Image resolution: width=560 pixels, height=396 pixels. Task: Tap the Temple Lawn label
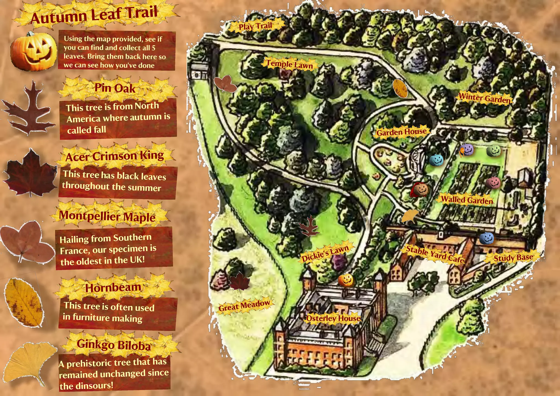[x=290, y=64]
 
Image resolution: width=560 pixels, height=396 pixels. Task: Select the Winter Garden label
[x=484, y=98]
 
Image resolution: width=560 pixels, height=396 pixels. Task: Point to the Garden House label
[x=401, y=132]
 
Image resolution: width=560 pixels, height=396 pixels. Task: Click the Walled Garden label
[x=467, y=200]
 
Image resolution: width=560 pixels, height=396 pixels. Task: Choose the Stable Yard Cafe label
[x=435, y=254]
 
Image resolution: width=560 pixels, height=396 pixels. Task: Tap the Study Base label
[x=513, y=258]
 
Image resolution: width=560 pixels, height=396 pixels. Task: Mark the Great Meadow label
[x=244, y=305]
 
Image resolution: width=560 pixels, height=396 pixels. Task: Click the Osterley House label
[x=333, y=318]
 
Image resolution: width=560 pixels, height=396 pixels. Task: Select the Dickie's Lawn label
[x=325, y=253]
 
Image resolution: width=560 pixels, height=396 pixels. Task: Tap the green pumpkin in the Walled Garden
[x=494, y=150]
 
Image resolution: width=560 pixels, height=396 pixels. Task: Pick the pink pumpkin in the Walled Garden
[x=493, y=183]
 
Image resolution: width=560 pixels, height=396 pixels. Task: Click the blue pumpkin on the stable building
[x=486, y=238]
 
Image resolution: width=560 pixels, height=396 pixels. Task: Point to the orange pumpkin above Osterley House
[x=346, y=280]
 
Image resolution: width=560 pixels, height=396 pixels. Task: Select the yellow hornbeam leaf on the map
[x=400, y=88]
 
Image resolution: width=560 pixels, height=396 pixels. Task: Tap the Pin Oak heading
[x=115, y=88]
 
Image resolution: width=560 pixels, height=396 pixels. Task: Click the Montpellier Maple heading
[x=107, y=216]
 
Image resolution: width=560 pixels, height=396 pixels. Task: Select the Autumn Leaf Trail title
[x=94, y=15]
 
